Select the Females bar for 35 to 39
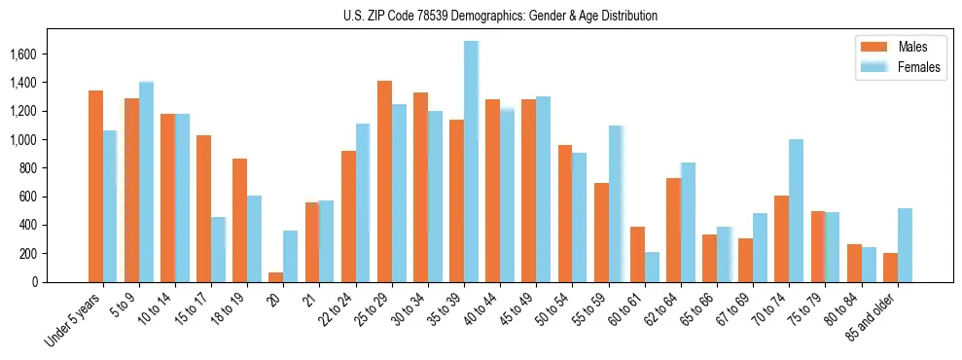point(471,162)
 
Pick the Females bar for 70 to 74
point(796,211)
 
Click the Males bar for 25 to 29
point(384,182)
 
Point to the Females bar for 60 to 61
point(652,267)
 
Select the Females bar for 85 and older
point(905,245)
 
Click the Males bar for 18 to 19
point(239,221)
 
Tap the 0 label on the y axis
point(60,282)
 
